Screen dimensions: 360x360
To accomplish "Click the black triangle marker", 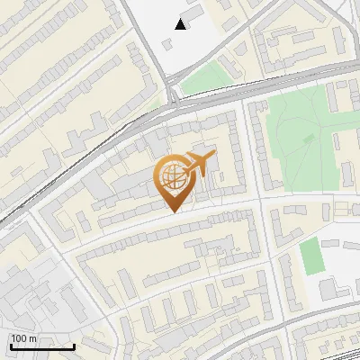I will [181, 24].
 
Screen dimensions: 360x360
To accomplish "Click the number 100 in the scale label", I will [20, 338].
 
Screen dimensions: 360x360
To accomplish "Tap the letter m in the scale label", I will [32, 338].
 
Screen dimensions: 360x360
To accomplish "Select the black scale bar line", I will [42, 346].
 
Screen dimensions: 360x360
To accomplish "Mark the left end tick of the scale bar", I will [11, 345].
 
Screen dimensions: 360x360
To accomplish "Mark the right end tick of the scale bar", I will [74, 345].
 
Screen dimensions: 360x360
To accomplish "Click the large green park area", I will [297, 144].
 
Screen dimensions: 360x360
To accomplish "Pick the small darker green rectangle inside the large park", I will [310, 139].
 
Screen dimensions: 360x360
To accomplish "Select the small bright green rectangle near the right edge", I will [311, 256].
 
